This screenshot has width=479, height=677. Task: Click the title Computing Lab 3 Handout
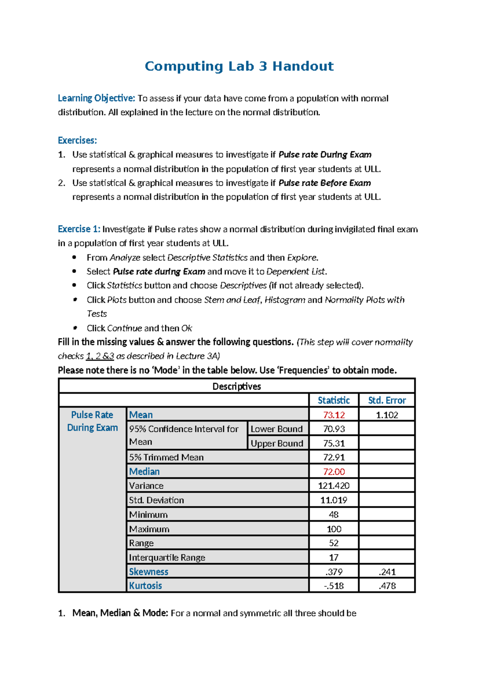(239, 66)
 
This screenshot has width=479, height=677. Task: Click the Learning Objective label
(97, 98)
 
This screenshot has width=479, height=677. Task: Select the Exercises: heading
(77, 141)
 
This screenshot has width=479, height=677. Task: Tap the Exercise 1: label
(79, 229)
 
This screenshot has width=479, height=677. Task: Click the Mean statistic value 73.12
(334, 415)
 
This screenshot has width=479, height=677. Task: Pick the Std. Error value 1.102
(387, 415)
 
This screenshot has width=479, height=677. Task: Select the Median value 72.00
(334, 472)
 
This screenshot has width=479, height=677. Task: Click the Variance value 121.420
(334, 486)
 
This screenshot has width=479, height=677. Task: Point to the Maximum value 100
(334, 529)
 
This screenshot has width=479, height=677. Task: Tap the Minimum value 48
(334, 515)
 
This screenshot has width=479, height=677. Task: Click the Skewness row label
(148, 572)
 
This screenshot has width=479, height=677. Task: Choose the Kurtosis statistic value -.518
(334, 586)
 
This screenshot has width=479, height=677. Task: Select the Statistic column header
(334, 400)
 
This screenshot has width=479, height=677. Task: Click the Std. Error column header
(387, 400)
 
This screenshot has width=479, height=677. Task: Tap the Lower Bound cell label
(277, 429)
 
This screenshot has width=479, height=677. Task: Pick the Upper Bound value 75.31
(334, 443)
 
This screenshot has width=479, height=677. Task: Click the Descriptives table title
(237, 386)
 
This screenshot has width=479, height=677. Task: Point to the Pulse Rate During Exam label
(92, 421)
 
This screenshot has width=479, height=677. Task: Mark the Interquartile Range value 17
(334, 557)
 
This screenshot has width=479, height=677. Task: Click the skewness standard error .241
(387, 572)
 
